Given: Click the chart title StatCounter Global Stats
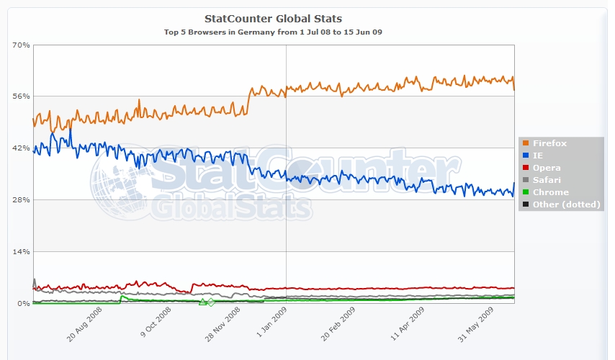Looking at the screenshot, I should coord(273,18).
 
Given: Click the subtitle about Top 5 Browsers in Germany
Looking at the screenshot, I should coord(273,32).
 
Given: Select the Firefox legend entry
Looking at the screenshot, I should coord(550,143).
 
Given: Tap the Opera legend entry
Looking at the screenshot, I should coord(547,168).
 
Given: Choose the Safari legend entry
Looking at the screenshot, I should coord(547,180).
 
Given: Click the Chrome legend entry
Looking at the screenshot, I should coord(550,192).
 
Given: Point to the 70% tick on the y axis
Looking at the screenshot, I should coord(21,45).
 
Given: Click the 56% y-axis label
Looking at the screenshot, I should coord(21,96).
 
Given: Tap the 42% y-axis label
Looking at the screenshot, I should coord(21,148).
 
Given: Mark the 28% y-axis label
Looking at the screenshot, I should coord(21,200).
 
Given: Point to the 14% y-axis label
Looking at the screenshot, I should coord(21,252).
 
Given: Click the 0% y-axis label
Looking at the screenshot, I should coord(24,304).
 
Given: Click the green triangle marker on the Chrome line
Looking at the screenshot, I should coord(202,302).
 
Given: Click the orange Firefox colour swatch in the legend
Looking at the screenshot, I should coord(526,143).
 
